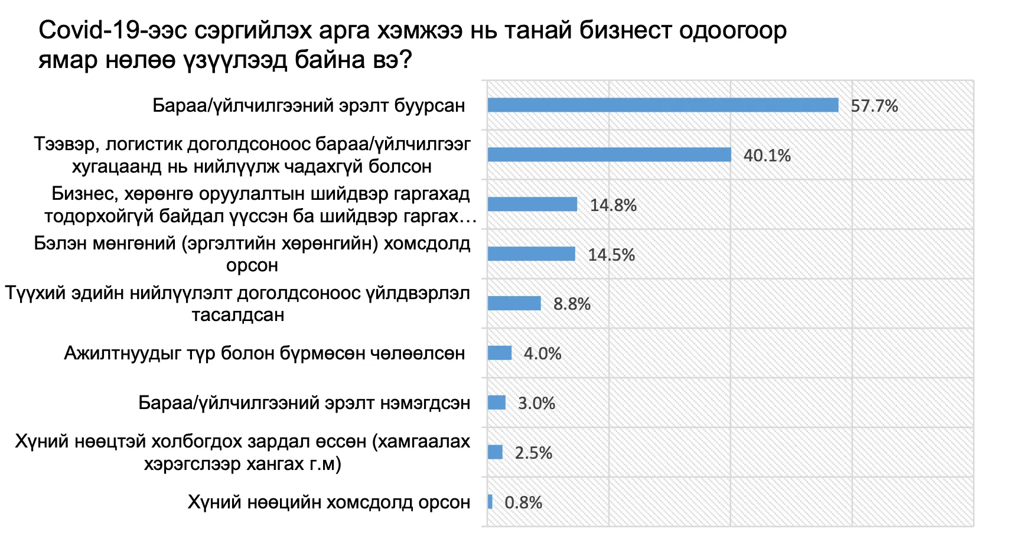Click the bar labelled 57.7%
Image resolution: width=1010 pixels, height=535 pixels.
663,105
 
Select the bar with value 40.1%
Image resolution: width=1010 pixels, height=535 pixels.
609,155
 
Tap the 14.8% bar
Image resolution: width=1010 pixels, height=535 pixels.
533,205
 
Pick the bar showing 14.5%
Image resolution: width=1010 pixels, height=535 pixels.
532,254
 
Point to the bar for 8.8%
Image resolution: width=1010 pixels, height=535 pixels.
514,303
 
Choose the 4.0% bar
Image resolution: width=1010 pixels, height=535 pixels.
500,353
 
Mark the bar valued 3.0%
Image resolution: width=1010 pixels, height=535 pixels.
496,403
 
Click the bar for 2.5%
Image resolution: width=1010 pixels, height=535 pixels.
495,452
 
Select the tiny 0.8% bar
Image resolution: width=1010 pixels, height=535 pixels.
490,501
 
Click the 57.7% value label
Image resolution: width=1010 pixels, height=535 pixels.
874,106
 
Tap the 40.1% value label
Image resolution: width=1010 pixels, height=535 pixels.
767,155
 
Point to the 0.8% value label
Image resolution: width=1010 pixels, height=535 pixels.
523,502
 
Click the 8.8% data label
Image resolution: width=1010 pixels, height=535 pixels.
572,304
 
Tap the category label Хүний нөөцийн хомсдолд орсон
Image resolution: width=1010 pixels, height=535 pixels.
329,502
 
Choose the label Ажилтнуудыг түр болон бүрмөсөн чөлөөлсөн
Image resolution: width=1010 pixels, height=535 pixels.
265,353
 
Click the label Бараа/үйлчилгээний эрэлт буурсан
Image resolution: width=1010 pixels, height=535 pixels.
309,106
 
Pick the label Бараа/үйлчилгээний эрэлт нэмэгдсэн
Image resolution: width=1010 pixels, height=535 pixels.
304,403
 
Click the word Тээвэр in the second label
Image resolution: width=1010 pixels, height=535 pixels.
66,144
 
